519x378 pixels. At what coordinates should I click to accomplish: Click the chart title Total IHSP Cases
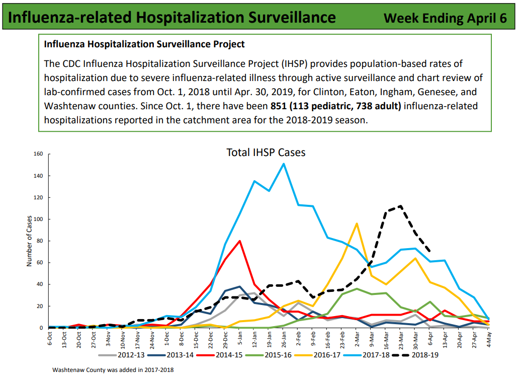pyautogui.click(x=266, y=152)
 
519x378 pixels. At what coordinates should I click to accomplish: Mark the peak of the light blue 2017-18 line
pyautogui.click(x=284, y=164)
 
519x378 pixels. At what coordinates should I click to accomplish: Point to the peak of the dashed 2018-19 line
pyautogui.click(x=400, y=206)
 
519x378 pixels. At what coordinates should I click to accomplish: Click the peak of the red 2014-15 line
pyautogui.click(x=240, y=241)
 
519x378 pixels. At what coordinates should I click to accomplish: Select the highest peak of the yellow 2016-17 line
pyautogui.click(x=357, y=223)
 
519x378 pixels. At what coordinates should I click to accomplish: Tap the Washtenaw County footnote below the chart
pyautogui.click(x=113, y=370)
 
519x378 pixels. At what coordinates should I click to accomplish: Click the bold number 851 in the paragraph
pyautogui.click(x=279, y=106)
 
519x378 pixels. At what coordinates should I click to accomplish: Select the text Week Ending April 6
pyautogui.click(x=445, y=18)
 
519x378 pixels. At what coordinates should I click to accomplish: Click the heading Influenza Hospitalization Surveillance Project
pyautogui.click(x=144, y=44)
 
